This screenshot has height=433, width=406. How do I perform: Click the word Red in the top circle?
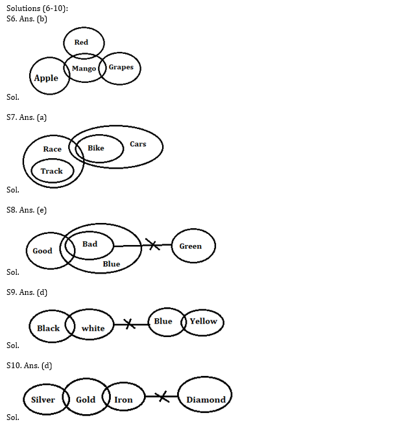pos(81,43)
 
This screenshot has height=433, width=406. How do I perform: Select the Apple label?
pos(46,78)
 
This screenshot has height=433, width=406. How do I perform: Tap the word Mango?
pos(84,69)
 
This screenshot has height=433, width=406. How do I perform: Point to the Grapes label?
pos(121,67)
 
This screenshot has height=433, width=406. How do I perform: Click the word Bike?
pos(96,148)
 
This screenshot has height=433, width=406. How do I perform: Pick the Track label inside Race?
pos(52,172)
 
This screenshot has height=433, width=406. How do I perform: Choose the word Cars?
pos(138,145)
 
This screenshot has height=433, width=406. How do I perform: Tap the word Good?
pos(43,251)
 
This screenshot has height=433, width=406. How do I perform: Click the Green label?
pos(191,246)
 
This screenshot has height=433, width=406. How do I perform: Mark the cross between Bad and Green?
pos(152,245)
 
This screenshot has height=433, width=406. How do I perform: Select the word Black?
pos(49,329)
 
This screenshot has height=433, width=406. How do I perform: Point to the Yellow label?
pos(203,322)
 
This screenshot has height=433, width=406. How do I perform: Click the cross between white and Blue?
pos(130,323)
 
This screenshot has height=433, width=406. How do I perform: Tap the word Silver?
pos(43,400)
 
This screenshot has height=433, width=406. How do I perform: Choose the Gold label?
pos(86,400)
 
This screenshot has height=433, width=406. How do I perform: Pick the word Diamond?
pos(206,400)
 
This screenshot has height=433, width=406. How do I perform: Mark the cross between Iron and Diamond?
pos(163,396)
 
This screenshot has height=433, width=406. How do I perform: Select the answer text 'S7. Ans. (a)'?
pos(27,117)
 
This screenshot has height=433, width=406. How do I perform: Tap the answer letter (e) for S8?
pos(41,210)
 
